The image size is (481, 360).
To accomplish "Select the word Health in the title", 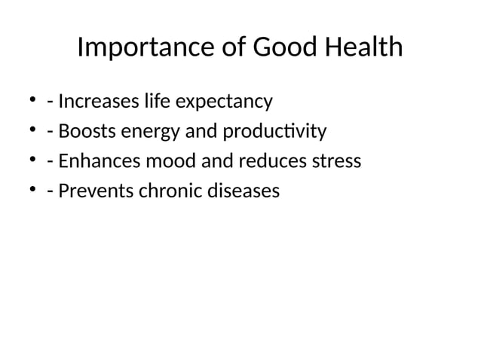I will (366, 48).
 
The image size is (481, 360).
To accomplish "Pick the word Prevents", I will (96, 191).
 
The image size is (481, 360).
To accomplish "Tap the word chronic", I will (169, 191).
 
